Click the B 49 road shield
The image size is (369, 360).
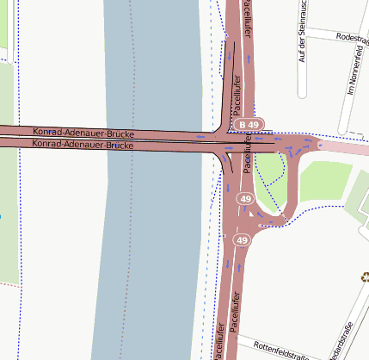[x=249, y=125]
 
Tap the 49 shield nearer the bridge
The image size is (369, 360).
[x=246, y=200]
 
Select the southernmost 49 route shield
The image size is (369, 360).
[x=242, y=239]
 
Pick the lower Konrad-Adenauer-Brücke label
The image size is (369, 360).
[x=82, y=145]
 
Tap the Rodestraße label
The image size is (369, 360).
[x=353, y=40]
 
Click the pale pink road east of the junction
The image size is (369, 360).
[x=344, y=147]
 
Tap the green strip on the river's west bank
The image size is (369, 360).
[x=8, y=215]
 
